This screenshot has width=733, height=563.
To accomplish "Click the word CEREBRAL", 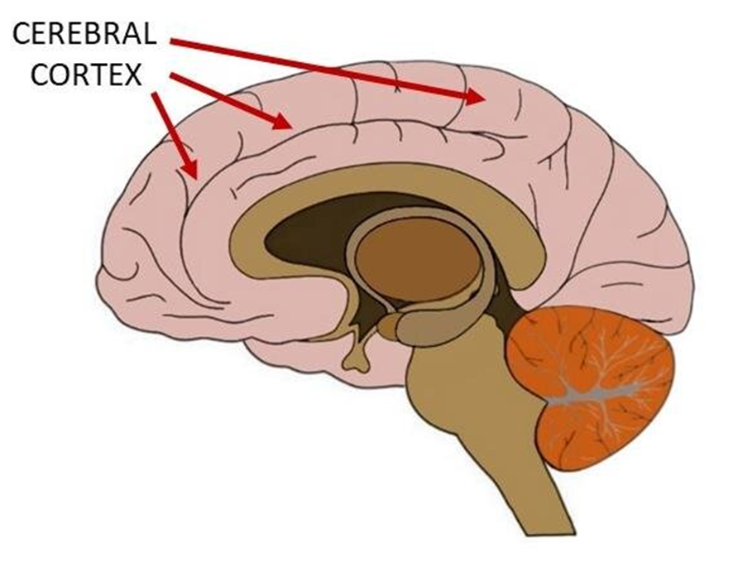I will point(83,35).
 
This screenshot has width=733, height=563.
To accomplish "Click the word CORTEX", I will point(83,76).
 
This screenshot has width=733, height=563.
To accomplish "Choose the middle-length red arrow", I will point(228,100).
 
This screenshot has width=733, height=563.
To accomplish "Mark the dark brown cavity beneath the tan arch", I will point(306,240).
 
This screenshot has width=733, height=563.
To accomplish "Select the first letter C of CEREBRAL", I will point(22,35).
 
